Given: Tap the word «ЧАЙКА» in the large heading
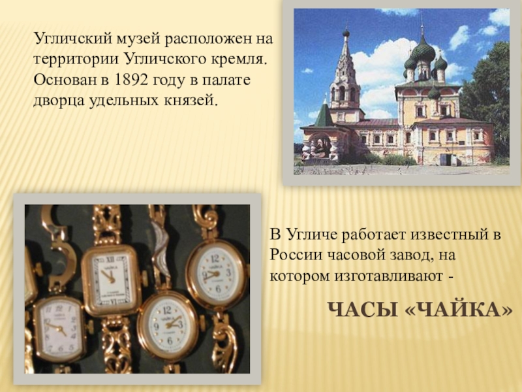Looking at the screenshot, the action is [x=459, y=310].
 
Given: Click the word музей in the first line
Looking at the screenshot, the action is [x=137, y=39].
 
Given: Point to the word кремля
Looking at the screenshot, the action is [x=239, y=60].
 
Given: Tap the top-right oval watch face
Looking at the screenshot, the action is [x=216, y=272].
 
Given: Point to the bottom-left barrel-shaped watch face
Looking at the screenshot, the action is [x=59, y=329].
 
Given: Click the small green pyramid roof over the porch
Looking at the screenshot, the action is [x=323, y=115].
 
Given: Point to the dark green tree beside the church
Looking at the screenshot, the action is [x=489, y=100].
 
